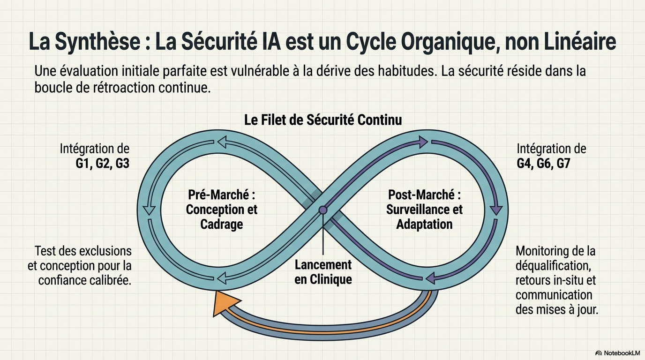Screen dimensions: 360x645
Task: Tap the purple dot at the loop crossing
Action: pyautogui.click(x=323, y=210)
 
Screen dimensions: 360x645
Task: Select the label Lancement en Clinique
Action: pyautogui.click(x=323, y=272)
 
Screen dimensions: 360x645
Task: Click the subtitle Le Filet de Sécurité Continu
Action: pyautogui.click(x=323, y=120)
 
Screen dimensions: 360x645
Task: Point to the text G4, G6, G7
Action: pyautogui.click(x=543, y=164)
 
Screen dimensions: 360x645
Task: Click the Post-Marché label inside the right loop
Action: pyautogui.click(x=424, y=195)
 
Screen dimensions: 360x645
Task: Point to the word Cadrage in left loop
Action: pyautogui.click(x=222, y=224)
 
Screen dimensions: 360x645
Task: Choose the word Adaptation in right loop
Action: pyautogui.click(x=424, y=224)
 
